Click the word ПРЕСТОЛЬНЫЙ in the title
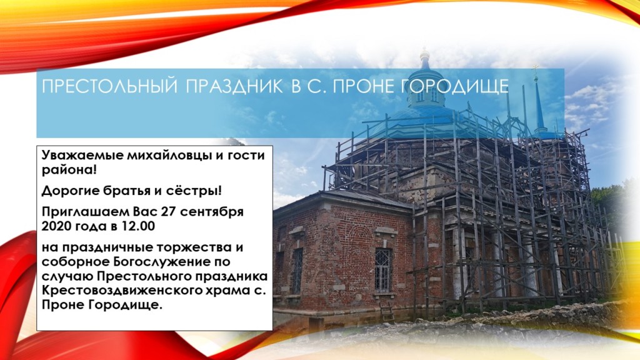pos(110,86)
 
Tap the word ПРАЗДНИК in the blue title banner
pos(234,86)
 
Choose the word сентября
pos(212,212)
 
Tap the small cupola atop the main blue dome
pos(425,56)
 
